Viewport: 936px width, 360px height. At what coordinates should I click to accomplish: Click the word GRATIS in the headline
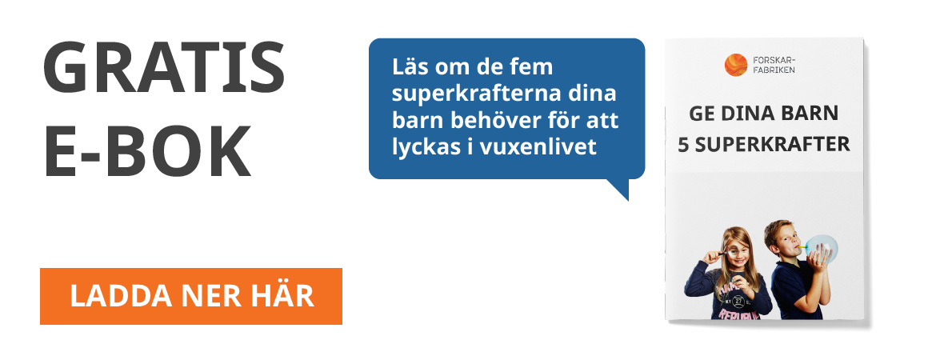point(163,67)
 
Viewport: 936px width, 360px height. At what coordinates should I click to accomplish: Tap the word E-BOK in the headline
point(147,150)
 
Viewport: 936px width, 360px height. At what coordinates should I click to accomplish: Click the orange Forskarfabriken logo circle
point(735,65)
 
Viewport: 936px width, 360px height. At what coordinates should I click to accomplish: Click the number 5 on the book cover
point(683,145)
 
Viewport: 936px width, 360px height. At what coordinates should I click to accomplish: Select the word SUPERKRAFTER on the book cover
point(772,145)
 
